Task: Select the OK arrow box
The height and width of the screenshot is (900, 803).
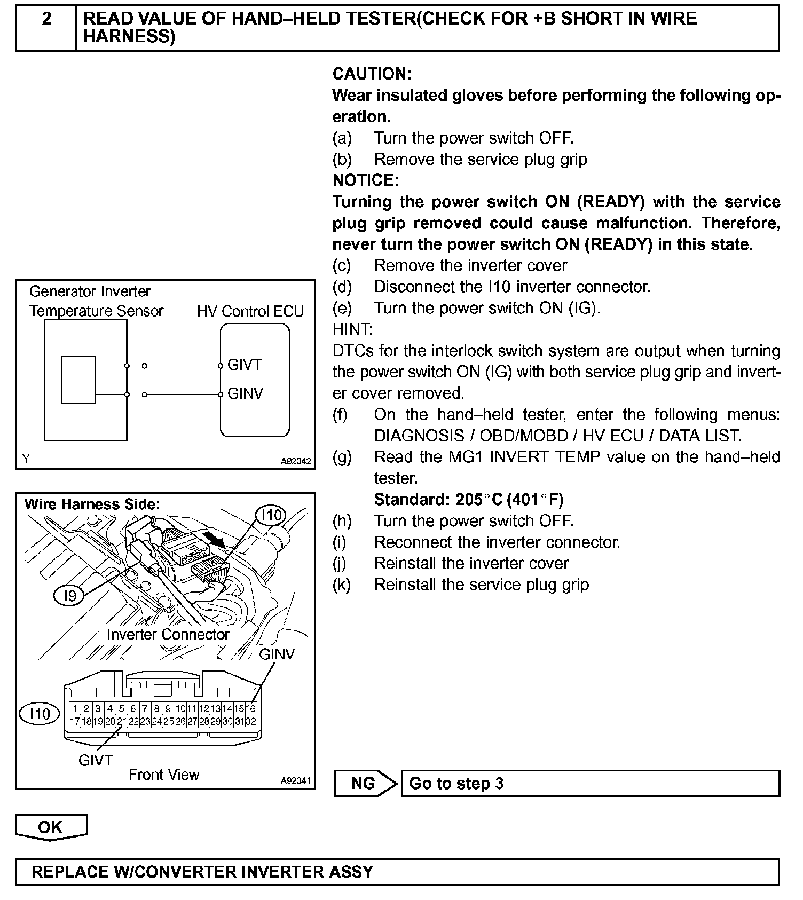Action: click(51, 827)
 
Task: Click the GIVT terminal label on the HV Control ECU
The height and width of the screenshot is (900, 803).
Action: click(245, 365)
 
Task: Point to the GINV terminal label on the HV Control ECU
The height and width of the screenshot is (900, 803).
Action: click(245, 394)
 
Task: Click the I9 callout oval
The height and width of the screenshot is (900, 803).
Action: click(70, 596)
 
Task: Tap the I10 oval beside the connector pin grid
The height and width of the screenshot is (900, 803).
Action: click(40, 714)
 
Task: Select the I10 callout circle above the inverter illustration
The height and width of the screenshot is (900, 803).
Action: click(271, 515)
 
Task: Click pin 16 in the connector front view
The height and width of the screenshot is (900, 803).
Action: click(251, 709)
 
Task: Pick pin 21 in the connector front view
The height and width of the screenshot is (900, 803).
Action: click(122, 722)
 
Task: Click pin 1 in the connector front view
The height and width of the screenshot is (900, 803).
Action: click(75, 709)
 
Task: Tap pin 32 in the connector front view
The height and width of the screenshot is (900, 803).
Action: click(251, 722)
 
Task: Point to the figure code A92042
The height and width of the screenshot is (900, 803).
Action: click(296, 461)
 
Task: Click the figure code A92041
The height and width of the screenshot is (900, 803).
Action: click(296, 780)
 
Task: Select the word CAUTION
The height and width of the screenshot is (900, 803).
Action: click(372, 74)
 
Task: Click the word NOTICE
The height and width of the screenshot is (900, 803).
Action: click(365, 180)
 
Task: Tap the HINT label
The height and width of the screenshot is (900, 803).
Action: click(352, 329)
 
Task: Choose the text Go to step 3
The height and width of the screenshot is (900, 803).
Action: click(456, 783)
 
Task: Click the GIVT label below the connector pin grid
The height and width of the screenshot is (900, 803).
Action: click(96, 760)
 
